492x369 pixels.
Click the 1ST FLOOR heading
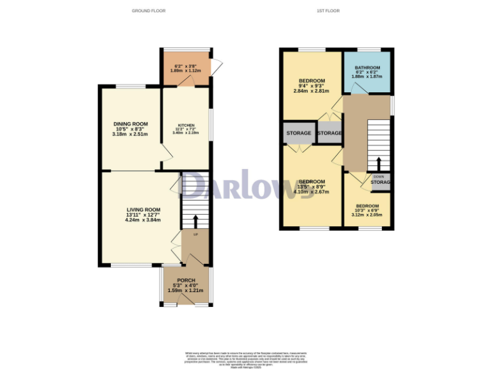(x=328, y=11)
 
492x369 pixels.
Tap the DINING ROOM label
(x=131, y=124)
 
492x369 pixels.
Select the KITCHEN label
(x=186, y=125)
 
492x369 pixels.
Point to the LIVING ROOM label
(x=142, y=209)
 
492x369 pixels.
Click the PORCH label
(x=185, y=280)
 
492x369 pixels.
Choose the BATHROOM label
(x=368, y=68)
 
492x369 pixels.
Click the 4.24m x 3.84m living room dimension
(x=142, y=220)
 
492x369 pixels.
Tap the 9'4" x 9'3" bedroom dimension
(x=312, y=86)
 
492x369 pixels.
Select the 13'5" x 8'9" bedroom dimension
(x=312, y=186)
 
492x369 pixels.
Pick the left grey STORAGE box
(x=299, y=133)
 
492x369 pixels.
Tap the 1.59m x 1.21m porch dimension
(x=185, y=290)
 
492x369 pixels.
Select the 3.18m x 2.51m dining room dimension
(x=131, y=134)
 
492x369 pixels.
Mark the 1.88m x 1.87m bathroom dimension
(x=368, y=76)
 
